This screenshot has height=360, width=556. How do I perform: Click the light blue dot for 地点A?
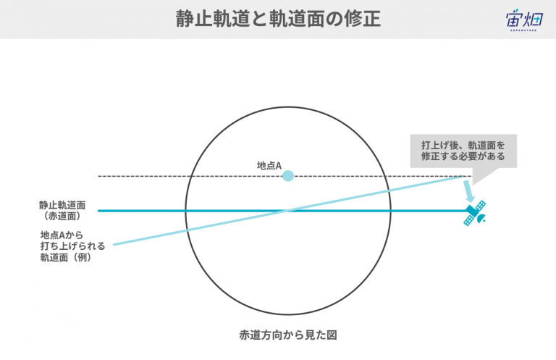point(288,176)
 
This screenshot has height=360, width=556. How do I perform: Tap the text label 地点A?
point(269,166)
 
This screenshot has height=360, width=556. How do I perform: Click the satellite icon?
point(475,213)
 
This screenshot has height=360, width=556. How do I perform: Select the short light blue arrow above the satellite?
point(469,191)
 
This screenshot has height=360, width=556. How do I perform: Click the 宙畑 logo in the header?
point(524,20)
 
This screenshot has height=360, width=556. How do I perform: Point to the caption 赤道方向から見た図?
point(288,335)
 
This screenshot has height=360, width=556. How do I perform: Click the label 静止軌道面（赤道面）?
point(62,210)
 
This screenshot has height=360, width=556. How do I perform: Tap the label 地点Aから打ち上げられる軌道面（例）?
point(72,246)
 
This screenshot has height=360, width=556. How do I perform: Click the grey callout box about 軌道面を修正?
point(463,151)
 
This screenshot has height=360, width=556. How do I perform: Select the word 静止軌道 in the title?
point(213,19)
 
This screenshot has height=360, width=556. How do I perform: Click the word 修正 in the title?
point(362,19)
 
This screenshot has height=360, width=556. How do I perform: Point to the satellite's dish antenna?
point(481,219)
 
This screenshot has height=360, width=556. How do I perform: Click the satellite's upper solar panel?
point(481,206)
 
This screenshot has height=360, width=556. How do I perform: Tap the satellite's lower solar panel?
point(468,221)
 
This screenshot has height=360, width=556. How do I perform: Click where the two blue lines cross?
point(288,211)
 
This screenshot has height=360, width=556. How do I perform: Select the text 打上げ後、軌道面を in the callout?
point(463,146)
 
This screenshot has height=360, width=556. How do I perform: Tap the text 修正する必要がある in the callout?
point(463,156)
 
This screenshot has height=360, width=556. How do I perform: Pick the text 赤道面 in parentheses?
point(62,216)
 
